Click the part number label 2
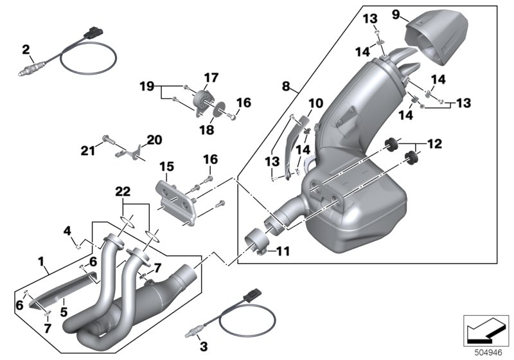(26, 50)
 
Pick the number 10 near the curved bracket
(315, 103)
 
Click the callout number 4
(66, 230)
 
